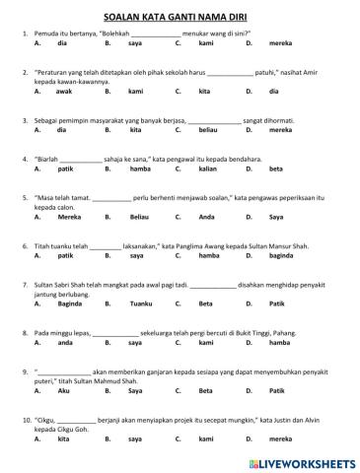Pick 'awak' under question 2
(64, 91)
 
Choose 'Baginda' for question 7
(70, 303)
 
